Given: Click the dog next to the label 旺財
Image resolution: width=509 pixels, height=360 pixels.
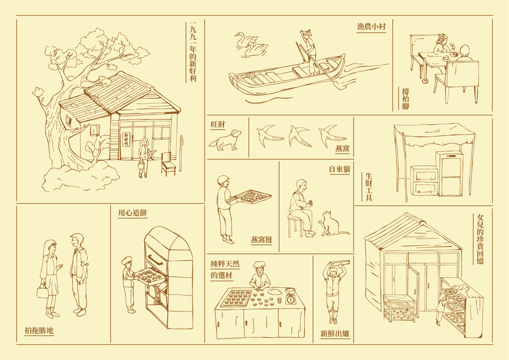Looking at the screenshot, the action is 226,140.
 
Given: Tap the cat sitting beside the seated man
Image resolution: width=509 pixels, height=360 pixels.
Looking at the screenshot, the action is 333,224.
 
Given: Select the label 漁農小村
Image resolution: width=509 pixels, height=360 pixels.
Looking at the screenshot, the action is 372,26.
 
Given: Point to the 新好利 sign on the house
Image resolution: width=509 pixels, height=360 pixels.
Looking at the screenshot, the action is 126,139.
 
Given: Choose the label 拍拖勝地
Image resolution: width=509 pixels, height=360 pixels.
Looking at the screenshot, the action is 39,331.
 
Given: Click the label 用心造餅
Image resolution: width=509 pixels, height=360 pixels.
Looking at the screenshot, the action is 133,213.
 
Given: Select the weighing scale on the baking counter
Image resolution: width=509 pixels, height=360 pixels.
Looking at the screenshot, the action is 291,295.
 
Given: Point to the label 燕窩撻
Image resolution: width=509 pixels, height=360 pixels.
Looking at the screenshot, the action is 261,240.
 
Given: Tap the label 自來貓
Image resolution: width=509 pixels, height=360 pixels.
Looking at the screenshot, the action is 340,169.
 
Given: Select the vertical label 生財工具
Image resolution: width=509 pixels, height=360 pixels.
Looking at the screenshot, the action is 369,187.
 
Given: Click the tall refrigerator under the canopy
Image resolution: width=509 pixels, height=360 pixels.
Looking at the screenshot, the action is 449,173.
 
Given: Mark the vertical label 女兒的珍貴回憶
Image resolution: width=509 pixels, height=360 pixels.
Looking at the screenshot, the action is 480,239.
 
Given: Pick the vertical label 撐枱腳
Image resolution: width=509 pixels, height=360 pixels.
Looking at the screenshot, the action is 405,98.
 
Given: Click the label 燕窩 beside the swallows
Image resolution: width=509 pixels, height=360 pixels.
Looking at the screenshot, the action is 343,149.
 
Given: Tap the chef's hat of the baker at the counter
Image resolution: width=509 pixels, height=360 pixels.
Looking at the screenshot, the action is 259,265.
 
